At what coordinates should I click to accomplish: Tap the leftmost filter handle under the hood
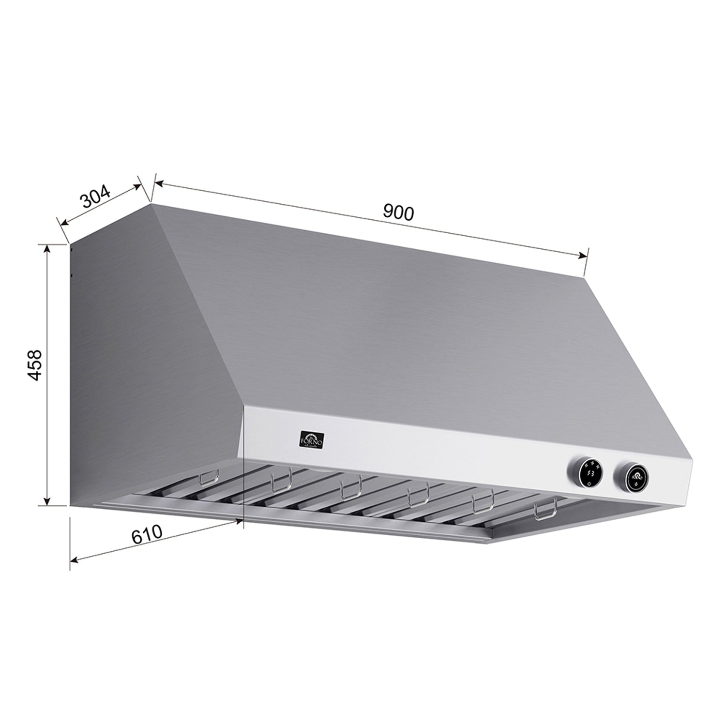(x=209, y=476)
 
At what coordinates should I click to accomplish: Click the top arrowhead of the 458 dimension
(x=47, y=248)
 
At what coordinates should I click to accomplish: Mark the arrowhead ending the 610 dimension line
(x=240, y=521)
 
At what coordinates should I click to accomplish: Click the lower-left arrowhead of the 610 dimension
(x=74, y=560)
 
